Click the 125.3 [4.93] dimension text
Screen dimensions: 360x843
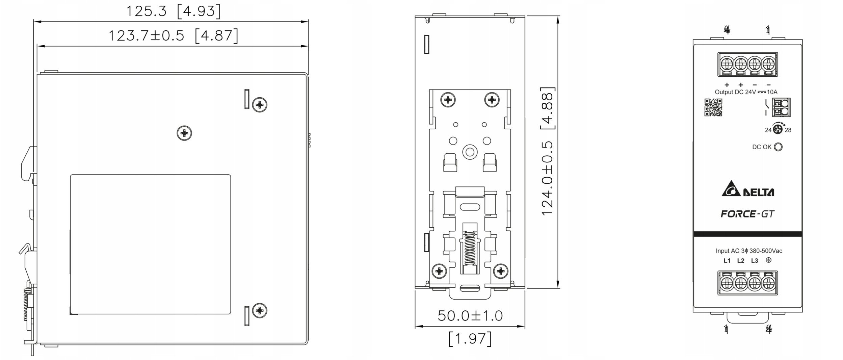(173, 11)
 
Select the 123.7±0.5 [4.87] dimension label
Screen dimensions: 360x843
(173, 35)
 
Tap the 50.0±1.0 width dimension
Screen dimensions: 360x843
(470, 315)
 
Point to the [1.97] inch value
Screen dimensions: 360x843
(470, 339)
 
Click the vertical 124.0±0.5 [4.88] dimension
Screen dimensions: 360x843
(547, 151)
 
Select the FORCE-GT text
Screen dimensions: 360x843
(747, 214)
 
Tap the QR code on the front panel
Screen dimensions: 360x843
(713, 107)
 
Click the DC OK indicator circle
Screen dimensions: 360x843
(778, 147)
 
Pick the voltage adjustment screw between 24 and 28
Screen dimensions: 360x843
(778, 129)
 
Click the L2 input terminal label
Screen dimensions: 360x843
(741, 260)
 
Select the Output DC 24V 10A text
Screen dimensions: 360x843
(746, 92)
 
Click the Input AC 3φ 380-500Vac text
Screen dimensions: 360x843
(749, 251)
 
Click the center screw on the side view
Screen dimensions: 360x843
(184, 133)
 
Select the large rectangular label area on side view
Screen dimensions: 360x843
(150, 244)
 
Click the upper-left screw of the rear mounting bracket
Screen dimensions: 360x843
(448, 100)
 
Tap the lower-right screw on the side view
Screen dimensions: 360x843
(260, 310)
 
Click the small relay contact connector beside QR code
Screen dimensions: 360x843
(781, 107)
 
